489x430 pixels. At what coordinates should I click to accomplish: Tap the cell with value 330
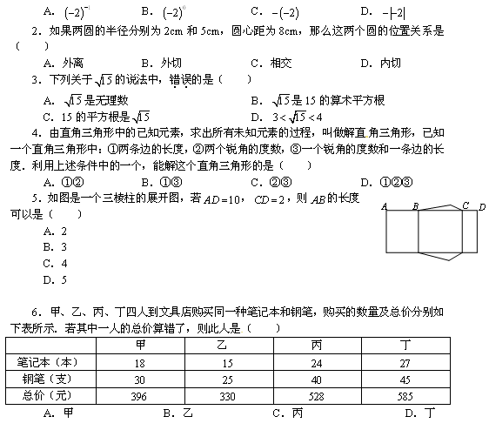[227, 396]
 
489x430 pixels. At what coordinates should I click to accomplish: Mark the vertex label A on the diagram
[384, 206]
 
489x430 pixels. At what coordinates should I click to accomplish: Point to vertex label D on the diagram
[482, 206]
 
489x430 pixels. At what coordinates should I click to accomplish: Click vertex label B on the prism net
[415, 206]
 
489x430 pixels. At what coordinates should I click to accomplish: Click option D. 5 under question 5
[55, 279]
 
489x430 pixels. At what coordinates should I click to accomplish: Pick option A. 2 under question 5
[55, 231]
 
